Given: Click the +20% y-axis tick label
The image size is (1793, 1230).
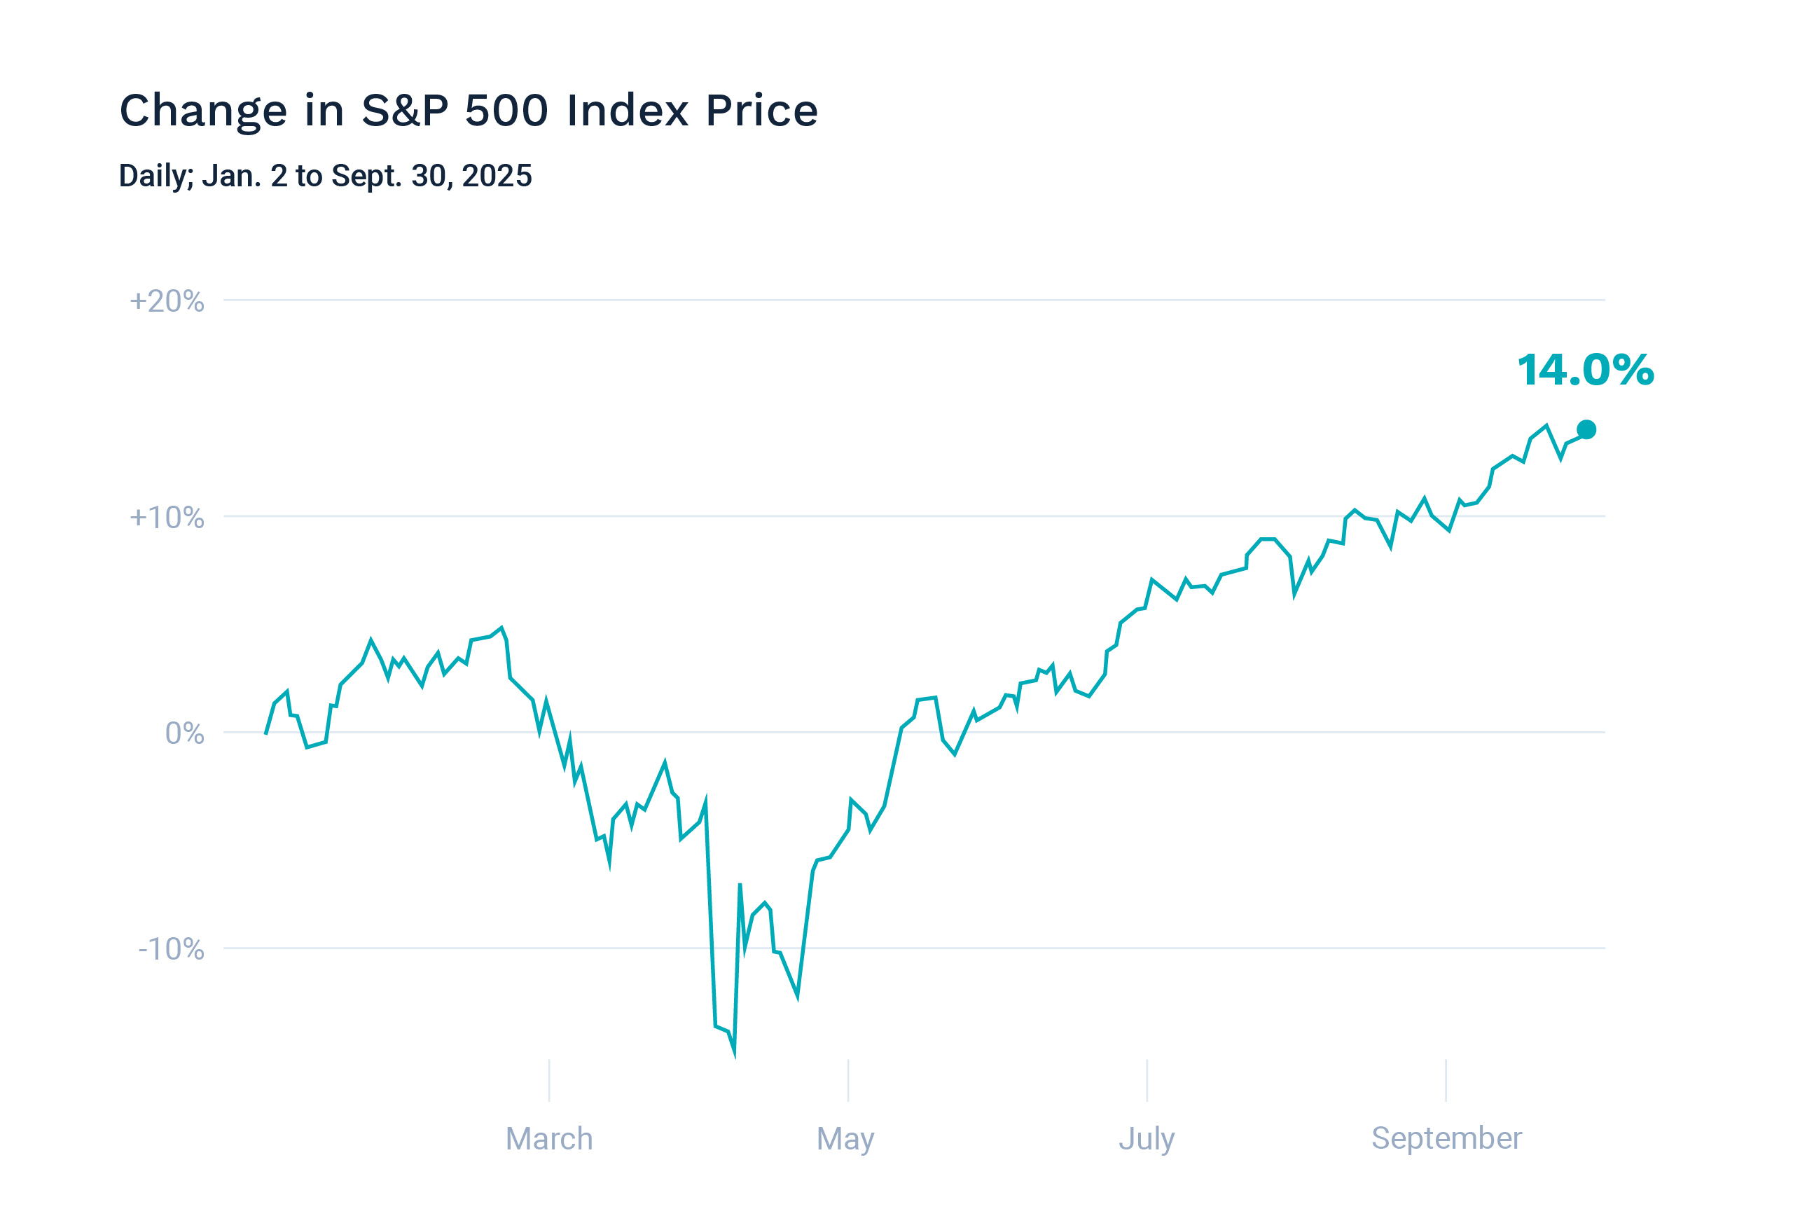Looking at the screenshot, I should [167, 301].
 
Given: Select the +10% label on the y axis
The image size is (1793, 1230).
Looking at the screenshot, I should [167, 517].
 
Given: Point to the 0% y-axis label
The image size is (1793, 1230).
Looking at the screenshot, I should [184, 733].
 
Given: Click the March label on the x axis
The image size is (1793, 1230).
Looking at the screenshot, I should [548, 1139].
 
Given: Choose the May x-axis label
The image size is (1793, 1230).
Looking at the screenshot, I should [845, 1139].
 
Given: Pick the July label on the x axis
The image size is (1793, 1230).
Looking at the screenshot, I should [1147, 1139].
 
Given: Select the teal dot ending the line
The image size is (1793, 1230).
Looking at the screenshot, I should [1586, 430].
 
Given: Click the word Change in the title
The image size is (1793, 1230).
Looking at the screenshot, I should [203, 111].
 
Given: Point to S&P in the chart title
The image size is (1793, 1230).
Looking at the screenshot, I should [404, 111].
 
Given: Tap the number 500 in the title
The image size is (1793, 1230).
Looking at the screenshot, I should [506, 111].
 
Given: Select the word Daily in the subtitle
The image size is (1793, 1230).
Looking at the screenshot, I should [155, 177].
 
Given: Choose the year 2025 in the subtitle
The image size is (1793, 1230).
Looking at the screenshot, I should [497, 176].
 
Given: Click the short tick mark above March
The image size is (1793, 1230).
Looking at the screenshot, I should [548, 1080].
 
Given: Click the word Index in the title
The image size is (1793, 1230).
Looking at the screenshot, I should [628, 111].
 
